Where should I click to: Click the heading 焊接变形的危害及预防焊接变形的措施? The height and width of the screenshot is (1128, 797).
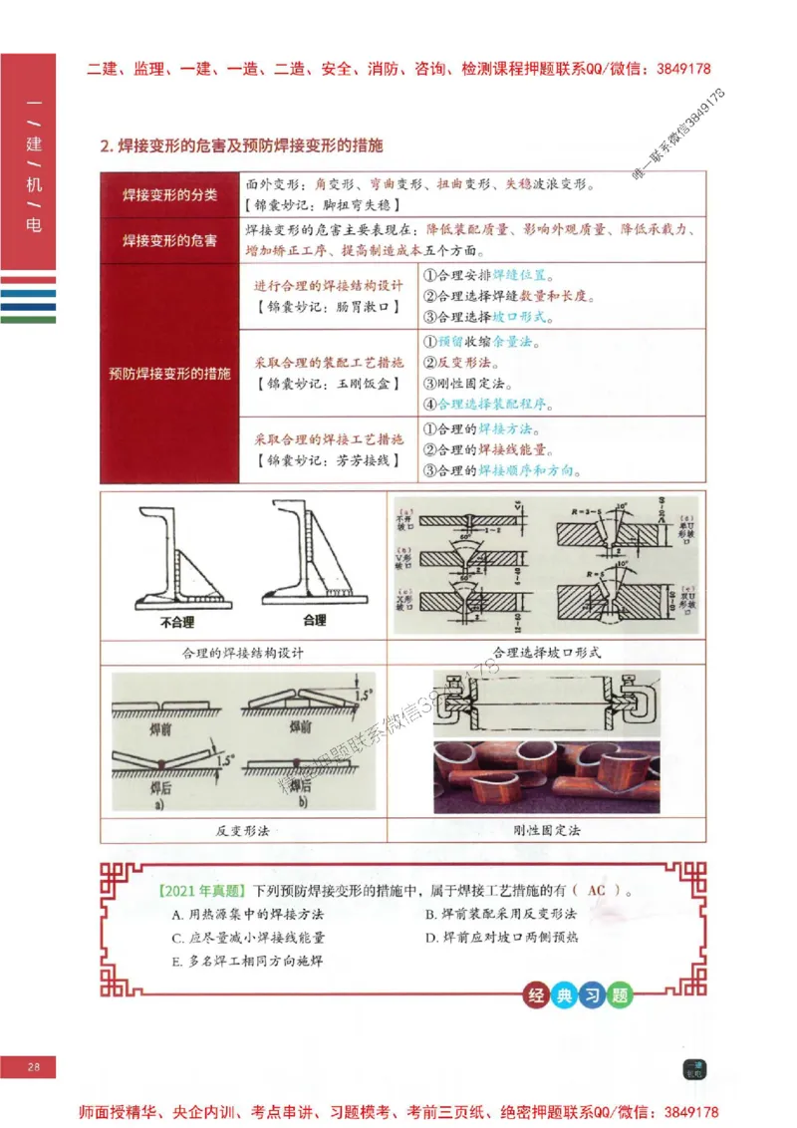[241, 145]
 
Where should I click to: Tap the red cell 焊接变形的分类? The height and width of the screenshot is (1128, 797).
[169, 194]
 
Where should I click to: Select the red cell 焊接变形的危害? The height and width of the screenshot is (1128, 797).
[169, 240]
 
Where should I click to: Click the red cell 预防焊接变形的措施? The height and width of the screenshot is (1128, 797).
[169, 374]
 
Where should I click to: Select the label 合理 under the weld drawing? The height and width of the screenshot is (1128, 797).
[314, 620]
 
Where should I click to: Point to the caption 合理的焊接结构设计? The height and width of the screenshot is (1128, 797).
[243, 653]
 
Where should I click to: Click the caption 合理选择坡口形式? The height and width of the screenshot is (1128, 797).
[547, 653]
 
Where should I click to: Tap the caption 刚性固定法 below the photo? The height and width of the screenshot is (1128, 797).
[547, 829]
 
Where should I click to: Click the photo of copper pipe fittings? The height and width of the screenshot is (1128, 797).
[546, 776]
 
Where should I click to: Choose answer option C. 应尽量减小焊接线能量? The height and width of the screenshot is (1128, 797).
[248, 938]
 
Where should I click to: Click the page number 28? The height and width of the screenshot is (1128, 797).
[33, 1067]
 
